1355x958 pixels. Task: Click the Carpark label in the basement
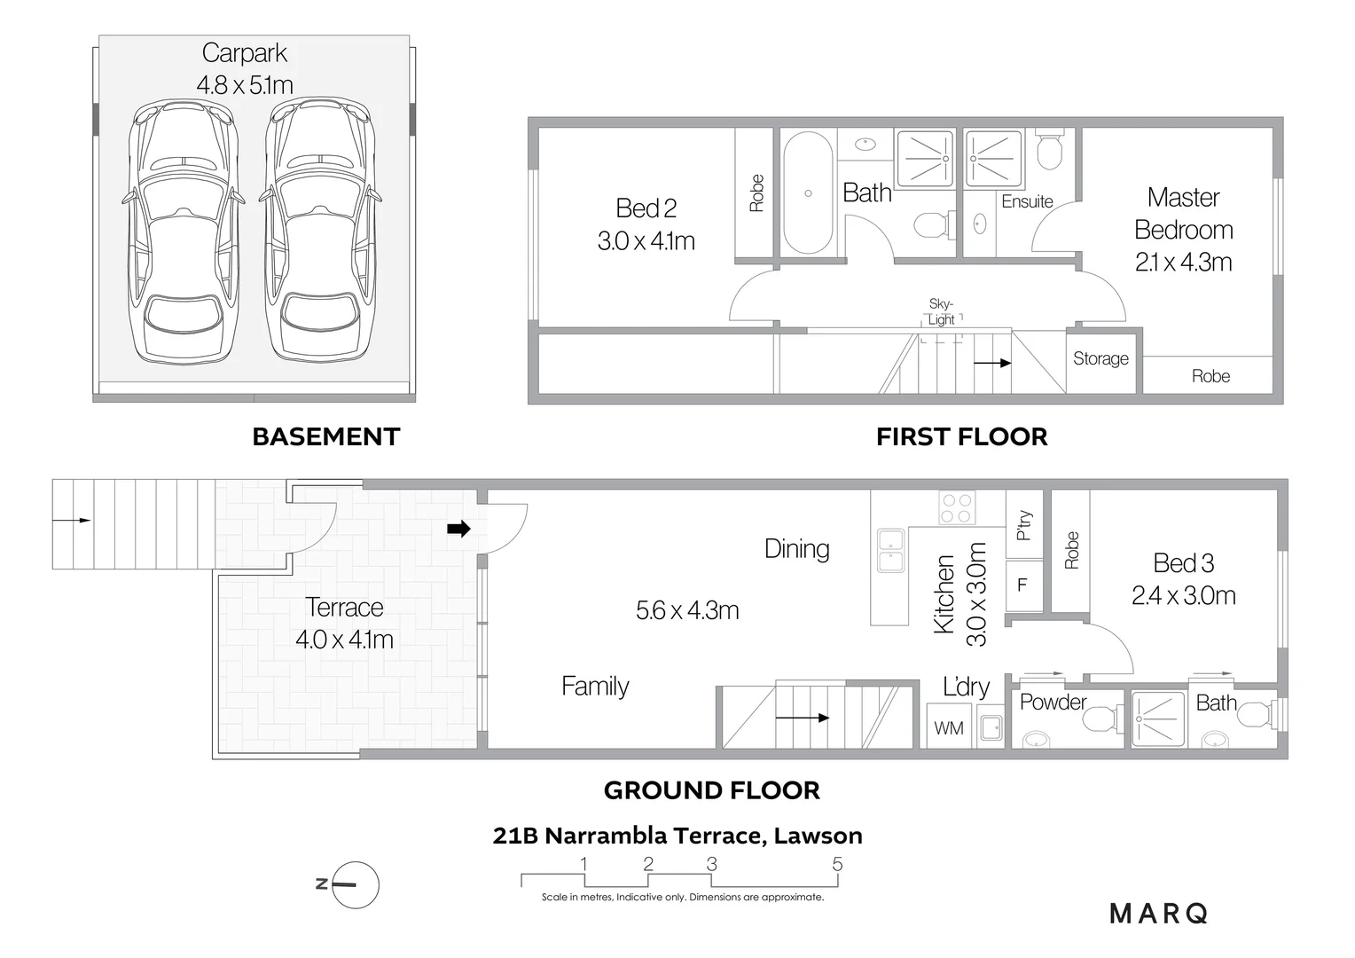[x=245, y=53]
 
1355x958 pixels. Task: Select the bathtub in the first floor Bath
[x=808, y=193]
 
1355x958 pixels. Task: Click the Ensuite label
[x=1027, y=201]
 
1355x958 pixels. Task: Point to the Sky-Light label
[x=941, y=311]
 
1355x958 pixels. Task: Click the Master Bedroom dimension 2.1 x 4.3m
[x=1183, y=262]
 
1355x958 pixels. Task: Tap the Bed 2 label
[x=646, y=208]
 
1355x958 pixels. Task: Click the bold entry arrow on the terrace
[x=458, y=529]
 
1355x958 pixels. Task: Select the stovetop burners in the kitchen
[x=957, y=507]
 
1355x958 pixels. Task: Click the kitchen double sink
[x=891, y=550]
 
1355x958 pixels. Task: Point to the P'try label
[x=1023, y=525]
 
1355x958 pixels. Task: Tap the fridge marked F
[x=1024, y=585]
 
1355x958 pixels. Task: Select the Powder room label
[x=1053, y=702]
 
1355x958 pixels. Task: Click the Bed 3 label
[x=1183, y=563]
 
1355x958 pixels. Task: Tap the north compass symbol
[x=355, y=884]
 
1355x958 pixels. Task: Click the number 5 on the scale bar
[x=837, y=864]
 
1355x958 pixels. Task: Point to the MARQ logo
[x=1159, y=914]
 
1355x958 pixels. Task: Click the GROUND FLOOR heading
[x=712, y=790]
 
